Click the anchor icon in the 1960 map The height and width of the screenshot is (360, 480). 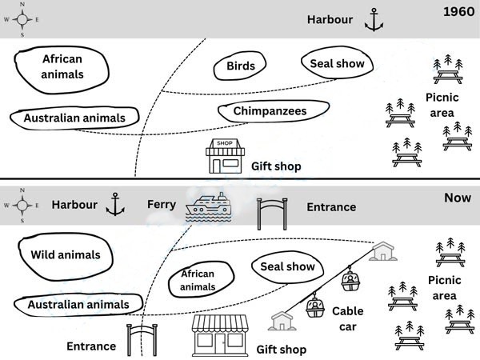[374, 20]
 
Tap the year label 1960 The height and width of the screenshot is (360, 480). [459, 12]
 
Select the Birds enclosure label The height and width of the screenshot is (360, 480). [241, 66]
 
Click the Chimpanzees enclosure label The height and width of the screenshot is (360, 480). [270, 111]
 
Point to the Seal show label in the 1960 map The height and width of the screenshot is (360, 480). [337, 63]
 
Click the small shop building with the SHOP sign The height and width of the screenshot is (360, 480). [225, 156]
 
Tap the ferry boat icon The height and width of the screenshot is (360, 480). [208, 206]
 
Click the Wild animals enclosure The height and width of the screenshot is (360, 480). [66, 257]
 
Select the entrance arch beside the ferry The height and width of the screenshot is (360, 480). [272, 214]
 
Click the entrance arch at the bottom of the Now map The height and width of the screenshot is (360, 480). [142, 340]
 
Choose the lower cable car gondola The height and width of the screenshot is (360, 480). [315, 306]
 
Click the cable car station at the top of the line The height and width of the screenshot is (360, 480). [383, 251]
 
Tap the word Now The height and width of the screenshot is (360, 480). [458, 198]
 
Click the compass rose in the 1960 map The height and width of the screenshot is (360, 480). [22, 19]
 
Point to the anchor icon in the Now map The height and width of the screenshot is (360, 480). [115, 204]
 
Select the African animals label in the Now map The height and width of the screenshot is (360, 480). [198, 280]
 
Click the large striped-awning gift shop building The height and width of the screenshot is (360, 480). [220, 335]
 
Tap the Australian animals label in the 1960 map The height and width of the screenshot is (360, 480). [74, 118]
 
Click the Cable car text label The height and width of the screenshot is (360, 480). [348, 319]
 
